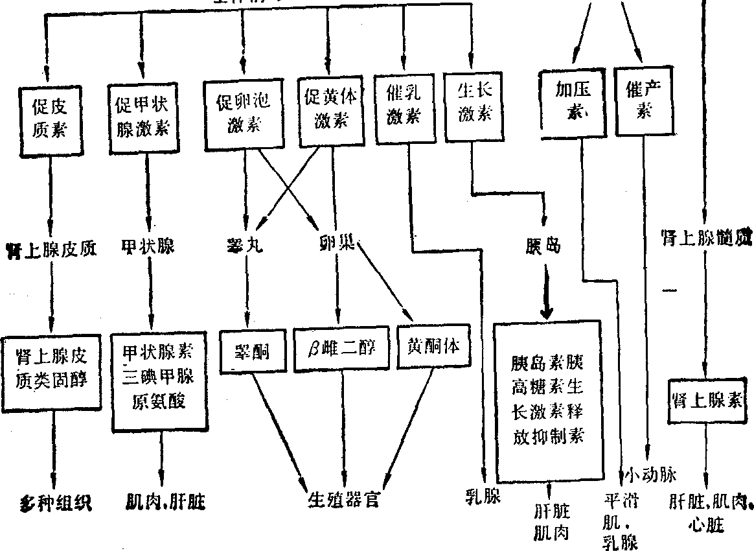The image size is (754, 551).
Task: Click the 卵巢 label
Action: click(x=337, y=247)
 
